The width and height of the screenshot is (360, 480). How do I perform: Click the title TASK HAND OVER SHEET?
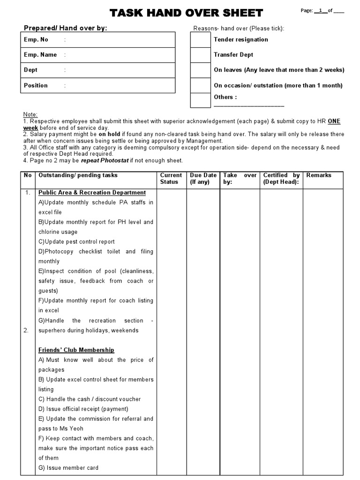click(186, 13)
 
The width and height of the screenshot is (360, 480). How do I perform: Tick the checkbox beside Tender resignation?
click(200, 40)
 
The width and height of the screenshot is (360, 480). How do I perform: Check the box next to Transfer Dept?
click(200, 55)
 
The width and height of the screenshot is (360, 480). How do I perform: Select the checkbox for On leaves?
click(200, 70)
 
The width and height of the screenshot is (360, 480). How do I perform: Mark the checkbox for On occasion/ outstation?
click(200, 85)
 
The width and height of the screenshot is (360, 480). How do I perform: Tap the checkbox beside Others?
click(200, 100)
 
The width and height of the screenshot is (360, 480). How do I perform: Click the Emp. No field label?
click(36, 40)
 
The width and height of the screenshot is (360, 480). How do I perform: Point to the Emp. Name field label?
click(40, 55)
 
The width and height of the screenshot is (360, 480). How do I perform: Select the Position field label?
click(36, 85)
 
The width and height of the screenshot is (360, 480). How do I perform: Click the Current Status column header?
click(171, 179)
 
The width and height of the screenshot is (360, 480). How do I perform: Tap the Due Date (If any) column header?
click(203, 179)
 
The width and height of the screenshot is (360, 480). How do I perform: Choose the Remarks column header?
click(319, 175)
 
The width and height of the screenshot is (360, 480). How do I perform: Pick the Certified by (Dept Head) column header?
click(281, 179)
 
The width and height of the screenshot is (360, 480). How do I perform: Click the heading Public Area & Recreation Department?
click(92, 193)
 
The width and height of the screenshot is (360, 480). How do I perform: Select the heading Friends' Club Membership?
click(76, 350)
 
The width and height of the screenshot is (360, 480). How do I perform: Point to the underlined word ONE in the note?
click(334, 121)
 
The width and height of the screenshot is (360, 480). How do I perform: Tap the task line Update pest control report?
click(76, 242)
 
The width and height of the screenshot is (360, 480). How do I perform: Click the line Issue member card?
click(68, 468)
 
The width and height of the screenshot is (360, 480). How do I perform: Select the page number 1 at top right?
click(320, 11)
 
